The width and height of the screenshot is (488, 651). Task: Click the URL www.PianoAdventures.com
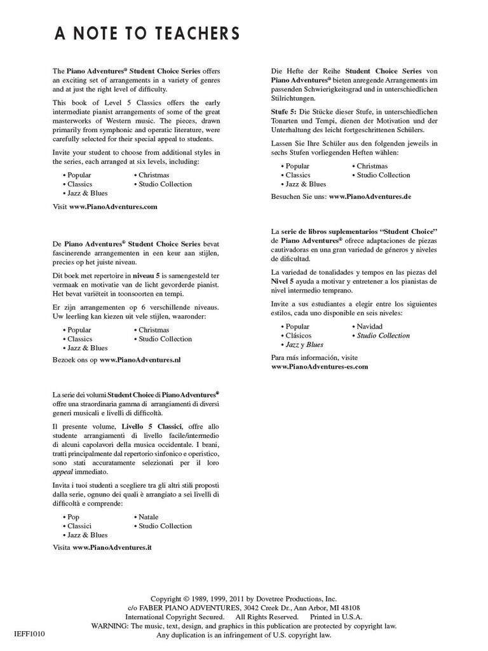click(x=113, y=207)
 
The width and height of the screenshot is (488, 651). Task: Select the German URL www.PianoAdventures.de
click(x=370, y=197)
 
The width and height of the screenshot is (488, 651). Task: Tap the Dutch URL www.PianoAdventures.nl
click(x=140, y=360)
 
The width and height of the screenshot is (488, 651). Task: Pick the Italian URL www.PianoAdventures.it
click(x=112, y=547)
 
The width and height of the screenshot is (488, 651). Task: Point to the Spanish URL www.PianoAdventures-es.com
click(x=320, y=367)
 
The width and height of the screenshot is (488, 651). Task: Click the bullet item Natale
click(x=148, y=517)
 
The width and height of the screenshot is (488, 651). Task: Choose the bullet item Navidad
click(x=369, y=326)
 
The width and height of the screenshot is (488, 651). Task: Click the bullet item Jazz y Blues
click(x=304, y=344)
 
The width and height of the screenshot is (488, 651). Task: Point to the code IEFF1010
click(x=29, y=634)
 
